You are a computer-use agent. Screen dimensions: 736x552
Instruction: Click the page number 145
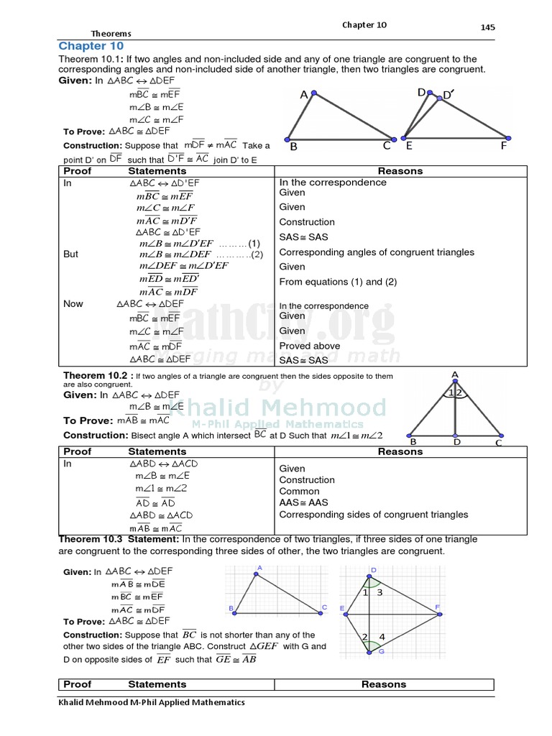pyautogui.click(x=487, y=27)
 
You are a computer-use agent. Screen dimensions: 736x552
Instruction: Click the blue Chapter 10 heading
pyautogui.click(x=91, y=46)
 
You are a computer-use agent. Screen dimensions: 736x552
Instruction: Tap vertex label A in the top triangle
pyautogui.click(x=304, y=95)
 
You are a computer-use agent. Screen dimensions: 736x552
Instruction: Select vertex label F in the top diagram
pyautogui.click(x=504, y=146)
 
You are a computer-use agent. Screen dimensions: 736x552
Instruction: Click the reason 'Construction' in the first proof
pyautogui.click(x=307, y=222)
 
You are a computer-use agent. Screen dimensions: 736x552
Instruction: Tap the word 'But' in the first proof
pyautogui.click(x=70, y=254)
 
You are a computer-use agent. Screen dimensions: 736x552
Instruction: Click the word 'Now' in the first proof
pyautogui.click(x=73, y=303)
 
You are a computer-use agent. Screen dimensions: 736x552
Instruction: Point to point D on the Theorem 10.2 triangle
pyautogui.click(x=456, y=442)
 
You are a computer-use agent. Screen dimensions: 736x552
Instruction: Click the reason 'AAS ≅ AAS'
pyautogui.click(x=303, y=503)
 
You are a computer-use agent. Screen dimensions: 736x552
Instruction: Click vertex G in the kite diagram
pyautogui.click(x=381, y=652)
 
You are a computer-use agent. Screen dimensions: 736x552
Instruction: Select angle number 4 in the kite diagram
pyautogui.click(x=382, y=637)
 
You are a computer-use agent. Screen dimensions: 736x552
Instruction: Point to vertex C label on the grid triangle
pyautogui.click(x=324, y=608)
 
